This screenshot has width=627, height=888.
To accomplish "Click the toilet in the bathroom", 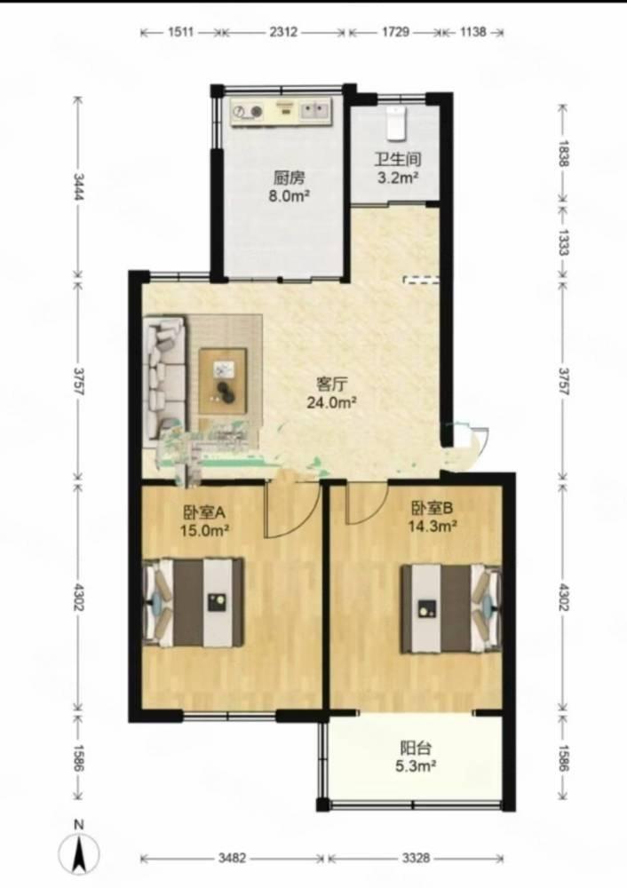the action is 397,123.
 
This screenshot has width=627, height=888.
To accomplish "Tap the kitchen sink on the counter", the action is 315,110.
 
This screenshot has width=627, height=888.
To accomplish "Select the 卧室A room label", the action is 204,512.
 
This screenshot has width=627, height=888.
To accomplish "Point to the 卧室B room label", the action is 433,508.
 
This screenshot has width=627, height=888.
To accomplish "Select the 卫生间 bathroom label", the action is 398,160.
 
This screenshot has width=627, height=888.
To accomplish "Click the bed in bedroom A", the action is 194,602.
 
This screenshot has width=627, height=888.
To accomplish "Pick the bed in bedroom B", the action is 451,608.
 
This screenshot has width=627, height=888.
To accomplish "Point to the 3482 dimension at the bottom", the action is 232,858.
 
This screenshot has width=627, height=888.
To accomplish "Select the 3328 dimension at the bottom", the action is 416,858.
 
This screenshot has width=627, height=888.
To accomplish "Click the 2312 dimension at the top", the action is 282,32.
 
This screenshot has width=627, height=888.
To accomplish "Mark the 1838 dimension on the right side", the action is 563,153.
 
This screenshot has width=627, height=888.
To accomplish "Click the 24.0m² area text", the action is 331,402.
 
